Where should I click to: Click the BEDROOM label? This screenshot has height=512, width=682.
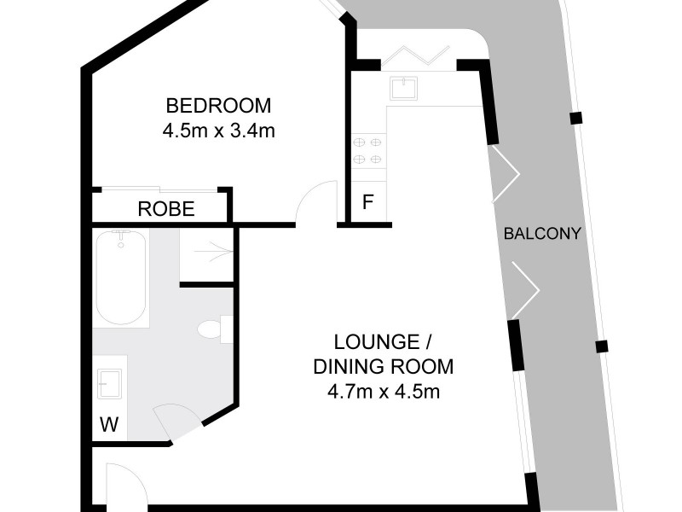pos(218,106)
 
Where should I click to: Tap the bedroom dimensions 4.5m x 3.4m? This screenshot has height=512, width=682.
pos(218,131)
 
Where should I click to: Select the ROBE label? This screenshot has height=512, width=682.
pos(166,208)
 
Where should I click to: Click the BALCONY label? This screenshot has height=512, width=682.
pos(542,233)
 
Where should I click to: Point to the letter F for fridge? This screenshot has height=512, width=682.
pos(368,203)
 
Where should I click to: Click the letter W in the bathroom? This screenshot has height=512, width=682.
pos(108,424)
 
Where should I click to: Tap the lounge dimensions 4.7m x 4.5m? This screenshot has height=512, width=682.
pos(383,393)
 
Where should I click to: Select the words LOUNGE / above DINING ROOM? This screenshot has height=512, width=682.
pos(383,343)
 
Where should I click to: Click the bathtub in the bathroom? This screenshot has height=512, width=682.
pos(121,276)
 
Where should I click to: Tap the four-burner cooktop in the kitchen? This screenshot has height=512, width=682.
pos(367,150)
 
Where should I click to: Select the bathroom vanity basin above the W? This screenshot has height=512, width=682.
pos(111,383)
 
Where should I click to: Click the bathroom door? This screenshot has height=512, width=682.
pos(175,421)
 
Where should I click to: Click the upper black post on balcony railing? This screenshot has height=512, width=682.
pos(576,118)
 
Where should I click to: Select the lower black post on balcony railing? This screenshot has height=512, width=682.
pos(601,346)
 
